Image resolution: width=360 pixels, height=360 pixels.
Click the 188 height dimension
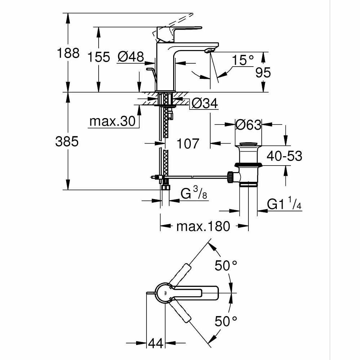click(68, 53)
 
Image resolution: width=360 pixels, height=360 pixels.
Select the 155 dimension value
click(99, 57)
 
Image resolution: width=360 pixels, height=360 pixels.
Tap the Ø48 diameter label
click(131, 57)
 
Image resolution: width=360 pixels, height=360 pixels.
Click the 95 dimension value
click(263, 73)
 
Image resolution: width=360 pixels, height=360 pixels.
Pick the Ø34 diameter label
click(204, 104)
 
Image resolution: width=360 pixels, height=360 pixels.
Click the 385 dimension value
click(67, 142)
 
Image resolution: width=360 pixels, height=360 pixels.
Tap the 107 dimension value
click(188, 144)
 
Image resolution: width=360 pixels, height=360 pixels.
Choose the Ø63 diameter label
click(248, 125)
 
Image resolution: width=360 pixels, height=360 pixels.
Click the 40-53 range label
click(284, 156)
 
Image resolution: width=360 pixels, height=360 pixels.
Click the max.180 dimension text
click(203, 226)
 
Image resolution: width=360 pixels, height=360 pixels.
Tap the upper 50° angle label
click(226, 266)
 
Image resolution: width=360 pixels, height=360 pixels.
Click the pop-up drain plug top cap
click(248, 145)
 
